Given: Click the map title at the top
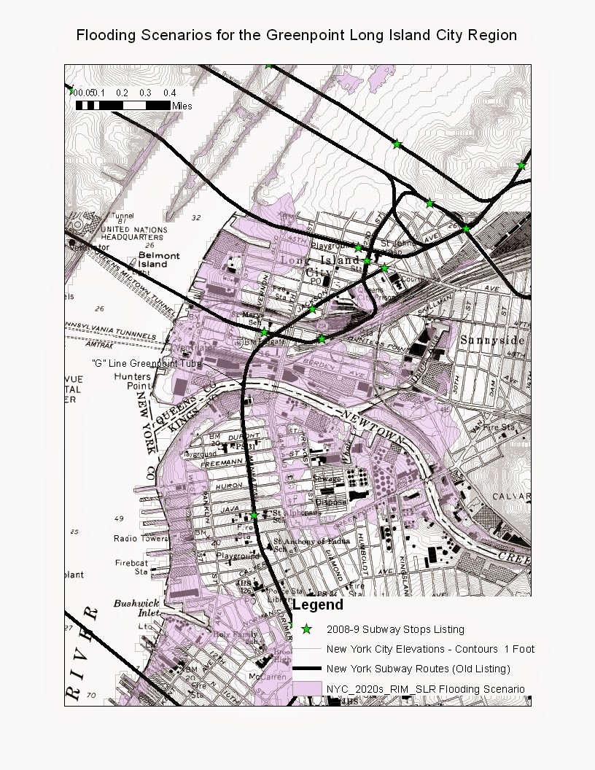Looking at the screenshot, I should pyautogui.click(x=297, y=35).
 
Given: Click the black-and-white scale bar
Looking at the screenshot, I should pyautogui.click(x=122, y=105).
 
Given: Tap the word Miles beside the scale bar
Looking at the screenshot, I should pyautogui.click(x=182, y=106).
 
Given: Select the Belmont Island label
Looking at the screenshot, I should pyautogui.click(x=159, y=260).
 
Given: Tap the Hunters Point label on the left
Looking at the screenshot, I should pyautogui.click(x=133, y=381).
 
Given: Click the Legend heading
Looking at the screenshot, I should pyautogui.click(x=317, y=605).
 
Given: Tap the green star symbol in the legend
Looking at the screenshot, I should pyautogui.click(x=307, y=629).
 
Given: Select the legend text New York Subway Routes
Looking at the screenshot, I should pyautogui.click(x=418, y=669).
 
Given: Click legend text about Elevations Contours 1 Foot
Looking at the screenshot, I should pyautogui.click(x=430, y=649).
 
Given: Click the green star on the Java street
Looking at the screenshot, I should pyautogui.click(x=254, y=516).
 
